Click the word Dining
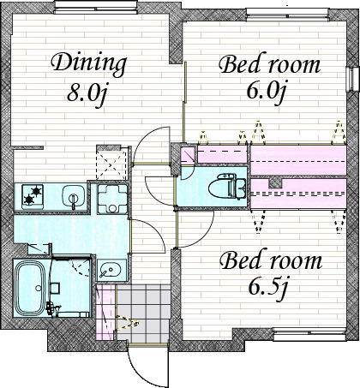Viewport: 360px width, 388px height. pyautogui.click(x=89, y=64)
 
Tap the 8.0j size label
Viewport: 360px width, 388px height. pyautogui.click(x=87, y=94)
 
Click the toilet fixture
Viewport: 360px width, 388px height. pyautogui.click(x=227, y=186)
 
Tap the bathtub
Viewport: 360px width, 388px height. pyautogui.click(x=30, y=289)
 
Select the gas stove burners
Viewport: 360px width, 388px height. pyautogui.click(x=33, y=195)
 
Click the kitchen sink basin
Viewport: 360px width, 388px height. pyautogui.click(x=75, y=195)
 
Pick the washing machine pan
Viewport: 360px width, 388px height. pyautogui.click(x=112, y=199)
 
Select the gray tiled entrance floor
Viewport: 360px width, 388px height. pyautogui.click(x=144, y=313)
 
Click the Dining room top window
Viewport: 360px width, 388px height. pyautogui.click(x=96, y=7)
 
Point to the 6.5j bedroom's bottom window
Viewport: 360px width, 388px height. pyautogui.click(x=309, y=334)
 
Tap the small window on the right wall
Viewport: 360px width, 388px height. pyautogui.click(x=352, y=79)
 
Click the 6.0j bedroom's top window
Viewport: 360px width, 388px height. pyautogui.click(x=288, y=14)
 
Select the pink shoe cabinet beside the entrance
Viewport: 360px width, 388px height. pyautogui.click(x=106, y=312)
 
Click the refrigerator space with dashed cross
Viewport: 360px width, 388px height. pyautogui.click(x=111, y=164)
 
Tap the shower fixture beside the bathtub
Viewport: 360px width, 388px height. pyautogui.click(x=53, y=308)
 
